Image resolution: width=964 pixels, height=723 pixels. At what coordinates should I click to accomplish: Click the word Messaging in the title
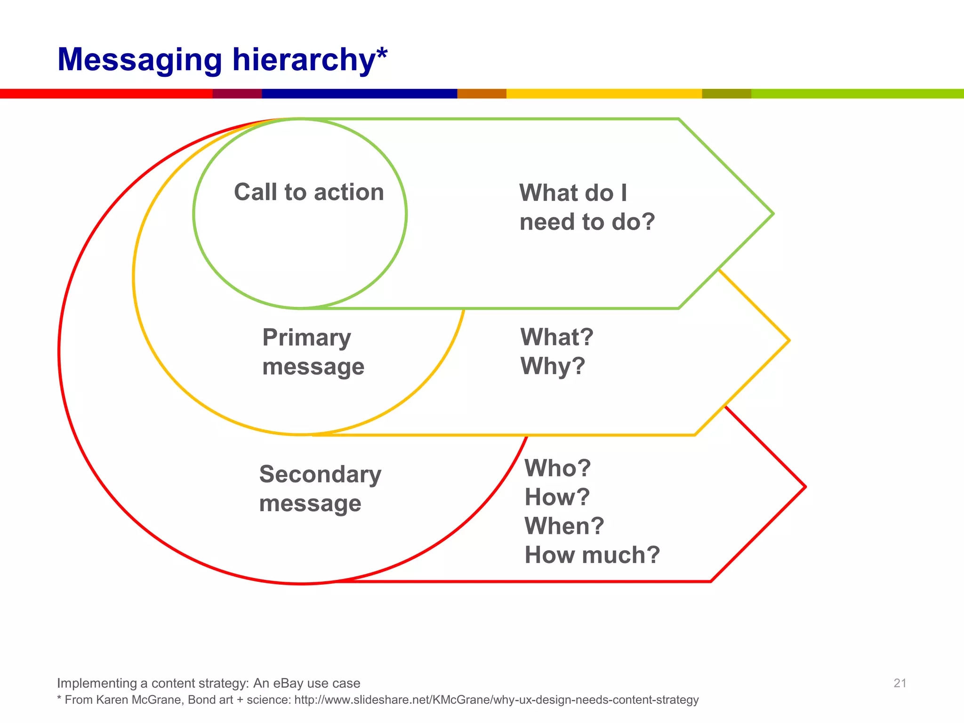click(x=139, y=60)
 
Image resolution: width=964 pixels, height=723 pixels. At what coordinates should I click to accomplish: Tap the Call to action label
click(x=309, y=192)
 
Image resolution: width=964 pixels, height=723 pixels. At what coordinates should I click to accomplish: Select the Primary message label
click(x=313, y=352)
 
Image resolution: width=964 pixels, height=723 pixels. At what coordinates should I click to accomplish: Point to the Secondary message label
click(x=320, y=488)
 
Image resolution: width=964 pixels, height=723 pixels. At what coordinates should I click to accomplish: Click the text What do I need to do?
click(x=587, y=207)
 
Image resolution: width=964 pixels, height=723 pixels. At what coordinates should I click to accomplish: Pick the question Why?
click(x=553, y=366)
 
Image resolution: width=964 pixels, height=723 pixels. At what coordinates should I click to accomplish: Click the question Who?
click(x=558, y=468)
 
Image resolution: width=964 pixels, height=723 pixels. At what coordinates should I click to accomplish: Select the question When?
click(x=564, y=526)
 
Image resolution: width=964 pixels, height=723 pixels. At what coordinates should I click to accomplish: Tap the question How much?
click(x=592, y=555)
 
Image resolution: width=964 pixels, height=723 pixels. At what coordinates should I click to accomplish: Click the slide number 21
click(x=900, y=683)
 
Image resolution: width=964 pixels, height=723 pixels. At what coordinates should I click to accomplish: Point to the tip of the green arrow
click(x=772, y=214)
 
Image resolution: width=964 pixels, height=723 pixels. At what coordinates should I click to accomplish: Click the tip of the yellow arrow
click(x=788, y=340)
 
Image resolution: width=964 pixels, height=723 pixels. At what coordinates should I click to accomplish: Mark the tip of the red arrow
click(x=805, y=487)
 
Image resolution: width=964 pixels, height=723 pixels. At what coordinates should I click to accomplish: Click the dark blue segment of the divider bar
click(x=359, y=94)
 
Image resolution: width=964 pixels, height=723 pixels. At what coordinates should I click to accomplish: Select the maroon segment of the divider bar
click(x=237, y=94)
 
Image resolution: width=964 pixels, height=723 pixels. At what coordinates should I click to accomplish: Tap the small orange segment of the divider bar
click(x=482, y=94)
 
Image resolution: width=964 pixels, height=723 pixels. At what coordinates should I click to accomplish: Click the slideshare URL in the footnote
click(x=496, y=700)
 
